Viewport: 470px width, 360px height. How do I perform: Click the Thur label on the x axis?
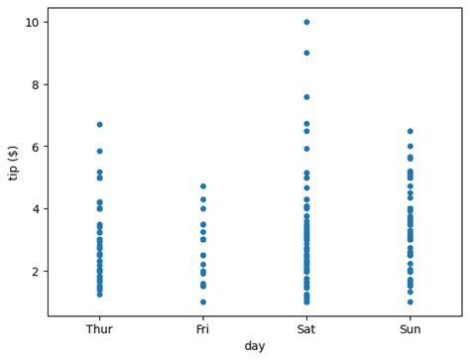click(99, 329)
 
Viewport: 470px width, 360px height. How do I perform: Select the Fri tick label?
click(202, 329)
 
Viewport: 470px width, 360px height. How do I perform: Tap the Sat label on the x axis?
click(306, 329)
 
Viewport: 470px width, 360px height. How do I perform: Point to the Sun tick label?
click(410, 329)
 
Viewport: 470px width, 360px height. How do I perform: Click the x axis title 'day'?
click(255, 346)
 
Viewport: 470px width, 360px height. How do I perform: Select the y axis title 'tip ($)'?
click(13, 162)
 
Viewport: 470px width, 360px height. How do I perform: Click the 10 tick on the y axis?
click(32, 22)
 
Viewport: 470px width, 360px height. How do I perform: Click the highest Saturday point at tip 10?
click(306, 22)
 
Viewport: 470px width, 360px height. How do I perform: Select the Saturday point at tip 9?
click(306, 53)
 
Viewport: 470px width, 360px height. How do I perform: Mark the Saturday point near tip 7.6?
click(306, 97)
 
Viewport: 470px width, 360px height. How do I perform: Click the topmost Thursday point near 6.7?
click(99, 125)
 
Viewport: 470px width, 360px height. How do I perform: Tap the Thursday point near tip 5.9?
click(99, 151)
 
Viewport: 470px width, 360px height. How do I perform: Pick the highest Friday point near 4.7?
click(202, 186)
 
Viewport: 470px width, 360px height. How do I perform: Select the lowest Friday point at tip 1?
click(202, 302)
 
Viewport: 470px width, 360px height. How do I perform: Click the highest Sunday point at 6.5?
click(410, 131)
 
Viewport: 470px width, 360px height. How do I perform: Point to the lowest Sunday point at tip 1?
click(410, 302)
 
